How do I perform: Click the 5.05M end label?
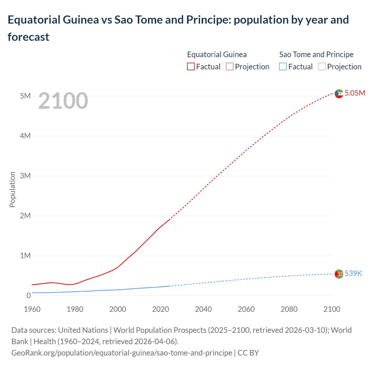(355, 93)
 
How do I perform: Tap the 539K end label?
(353, 274)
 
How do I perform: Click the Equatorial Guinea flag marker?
(339, 94)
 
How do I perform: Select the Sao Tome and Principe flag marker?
(339, 274)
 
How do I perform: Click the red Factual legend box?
(191, 67)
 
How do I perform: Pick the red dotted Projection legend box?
(230, 67)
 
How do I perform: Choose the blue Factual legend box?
(283, 67)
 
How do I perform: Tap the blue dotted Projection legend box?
(322, 67)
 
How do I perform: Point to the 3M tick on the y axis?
(25, 176)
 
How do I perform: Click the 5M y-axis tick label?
(25, 96)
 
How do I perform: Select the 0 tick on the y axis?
(29, 295)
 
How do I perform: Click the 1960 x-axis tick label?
(32, 309)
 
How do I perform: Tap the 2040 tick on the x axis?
(203, 309)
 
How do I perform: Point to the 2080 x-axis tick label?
(289, 309)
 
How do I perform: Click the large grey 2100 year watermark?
(63, 101)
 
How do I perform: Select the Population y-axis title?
(12, 189)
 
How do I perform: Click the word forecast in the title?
(29, 37)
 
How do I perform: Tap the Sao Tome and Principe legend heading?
(316, 54)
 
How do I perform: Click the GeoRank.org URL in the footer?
(122, 353)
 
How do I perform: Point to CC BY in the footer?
(248, 353)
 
